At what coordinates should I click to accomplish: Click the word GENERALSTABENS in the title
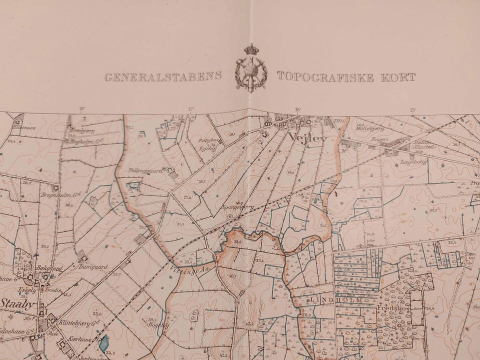pos(163,77)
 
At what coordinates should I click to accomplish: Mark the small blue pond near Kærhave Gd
pos(104,343)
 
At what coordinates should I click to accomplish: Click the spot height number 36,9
pos(429,309)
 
